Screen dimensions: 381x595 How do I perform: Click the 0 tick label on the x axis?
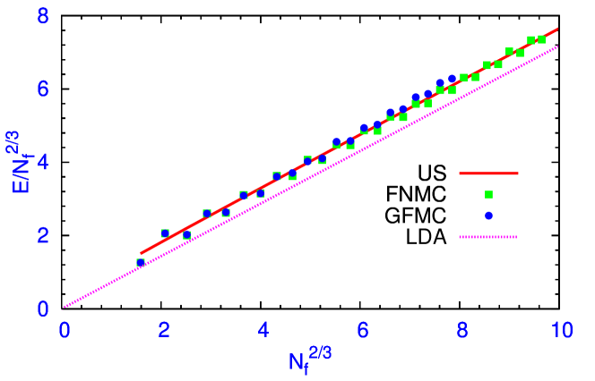pos(65,329)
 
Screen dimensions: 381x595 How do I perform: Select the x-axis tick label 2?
pos(164,329)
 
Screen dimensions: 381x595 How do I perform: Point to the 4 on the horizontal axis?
pos(263,329)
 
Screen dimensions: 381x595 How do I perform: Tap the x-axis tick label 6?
pos(363,329)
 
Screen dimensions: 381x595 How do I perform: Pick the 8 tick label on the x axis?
pos(462,329)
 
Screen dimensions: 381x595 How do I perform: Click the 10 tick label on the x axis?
pos(562,329)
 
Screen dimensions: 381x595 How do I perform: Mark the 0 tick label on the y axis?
pos(42,309)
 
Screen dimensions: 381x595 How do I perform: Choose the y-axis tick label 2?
pos(42,235)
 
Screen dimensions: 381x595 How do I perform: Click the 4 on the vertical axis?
pos(42,163)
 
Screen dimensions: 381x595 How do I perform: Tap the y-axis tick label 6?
pos(42,89)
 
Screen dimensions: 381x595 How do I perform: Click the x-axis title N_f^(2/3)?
pos(310,360)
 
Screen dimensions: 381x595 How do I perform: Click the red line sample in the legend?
pos(488,174)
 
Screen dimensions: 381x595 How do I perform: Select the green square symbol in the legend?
pos(488,194)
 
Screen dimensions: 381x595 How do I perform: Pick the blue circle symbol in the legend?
pos(488,216)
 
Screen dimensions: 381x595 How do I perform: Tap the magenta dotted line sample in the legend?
pos(488,237)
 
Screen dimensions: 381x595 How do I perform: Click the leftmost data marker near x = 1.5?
pos(141,263)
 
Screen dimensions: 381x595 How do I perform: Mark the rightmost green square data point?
pos(541,39)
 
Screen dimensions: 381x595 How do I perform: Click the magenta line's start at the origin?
pos(65,308)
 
